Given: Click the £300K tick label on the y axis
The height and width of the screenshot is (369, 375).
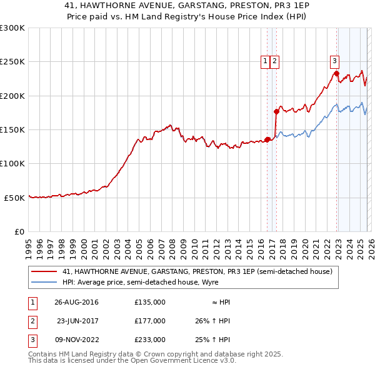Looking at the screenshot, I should tap(12, 28).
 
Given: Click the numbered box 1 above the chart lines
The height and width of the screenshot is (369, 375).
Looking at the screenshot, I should tap(265, 61).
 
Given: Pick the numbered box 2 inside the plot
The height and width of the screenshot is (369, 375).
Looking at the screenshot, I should tap(275, 61).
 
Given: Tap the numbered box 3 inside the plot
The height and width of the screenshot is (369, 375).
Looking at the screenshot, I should tap(334, 61).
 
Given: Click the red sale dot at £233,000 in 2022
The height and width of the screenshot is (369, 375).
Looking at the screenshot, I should tap(336, 74).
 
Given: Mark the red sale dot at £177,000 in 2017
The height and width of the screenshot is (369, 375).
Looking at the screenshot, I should tap(276, 111).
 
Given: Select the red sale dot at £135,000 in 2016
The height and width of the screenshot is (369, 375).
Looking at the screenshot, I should tap(267, 139).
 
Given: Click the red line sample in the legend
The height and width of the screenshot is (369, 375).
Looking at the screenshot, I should tap(45, 271).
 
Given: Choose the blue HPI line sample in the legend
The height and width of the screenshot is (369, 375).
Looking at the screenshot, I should tap(45, 282).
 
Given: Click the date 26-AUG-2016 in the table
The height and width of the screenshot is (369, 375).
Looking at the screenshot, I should tap(76, 301).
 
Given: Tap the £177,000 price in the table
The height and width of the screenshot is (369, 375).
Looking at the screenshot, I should tap(150, 320).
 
